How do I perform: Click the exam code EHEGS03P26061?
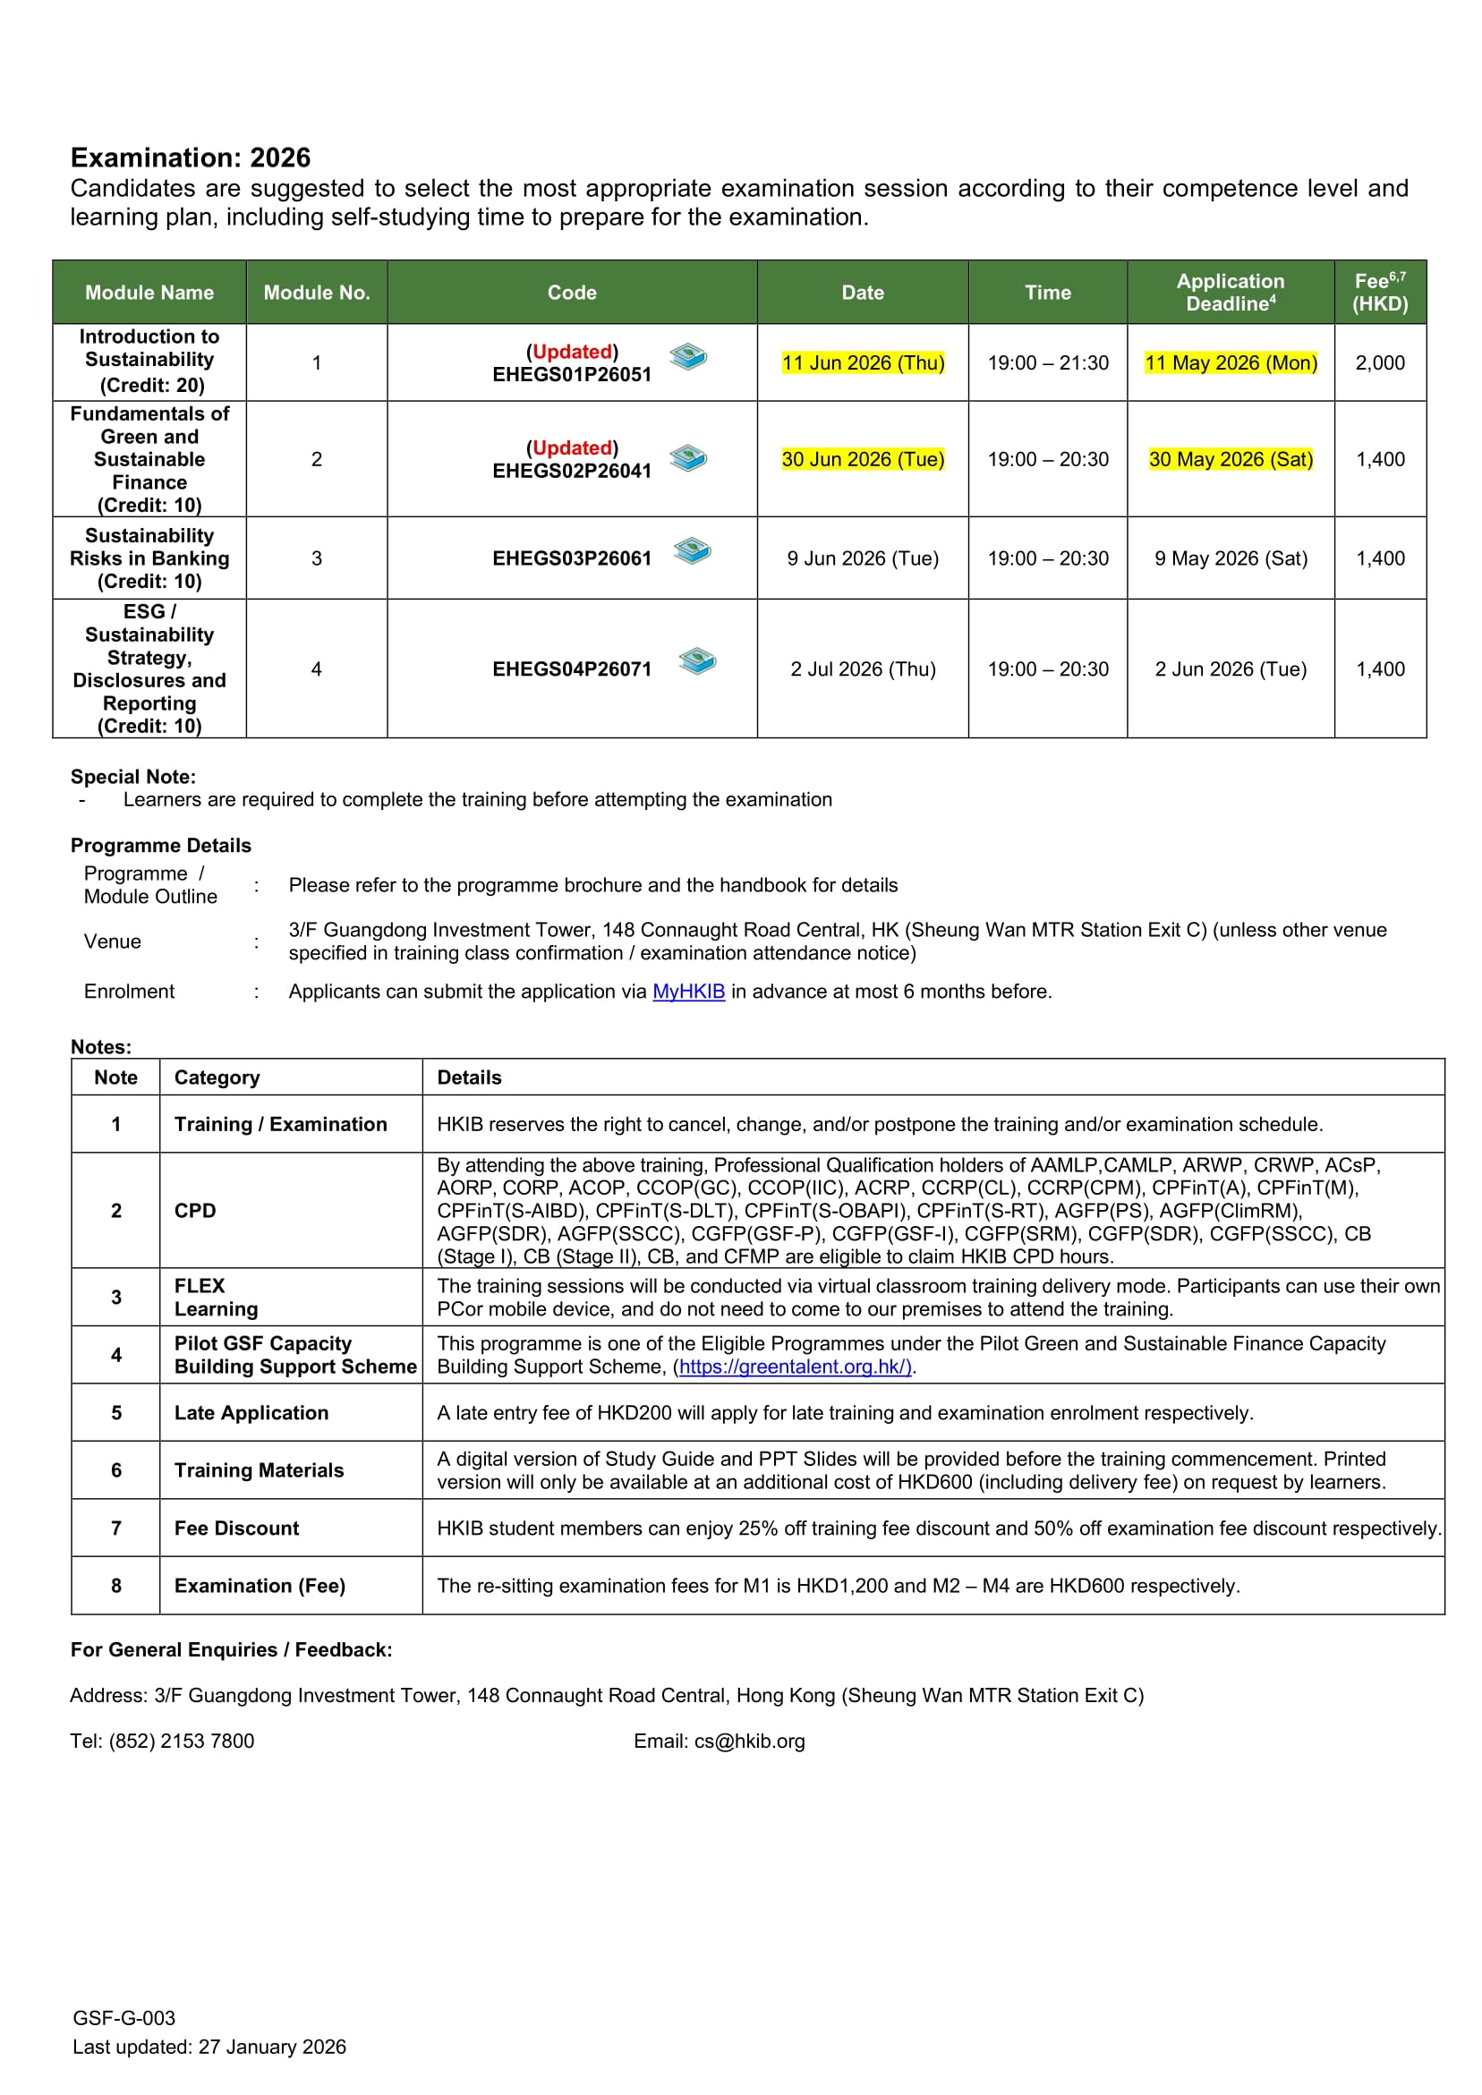(x=571, y=558)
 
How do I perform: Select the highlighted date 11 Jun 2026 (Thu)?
(x=863, y=363)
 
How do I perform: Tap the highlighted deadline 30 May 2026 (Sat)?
(x=1231, y=459)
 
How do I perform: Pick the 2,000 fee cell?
(x=1380, y=363)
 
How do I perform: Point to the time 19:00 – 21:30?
(x=1048, y=363)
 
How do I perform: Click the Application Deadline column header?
(x=1231, y=292)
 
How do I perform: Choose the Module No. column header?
(x=317, y=293)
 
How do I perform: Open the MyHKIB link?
(x=688, y=991)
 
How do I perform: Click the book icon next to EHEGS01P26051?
(x=688, y=356)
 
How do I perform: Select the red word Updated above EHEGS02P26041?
(x=572, y=448)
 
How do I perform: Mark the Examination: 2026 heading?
(x=191, y=158)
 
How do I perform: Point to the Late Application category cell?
(x=251, y=1412)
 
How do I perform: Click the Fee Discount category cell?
(x=236, y=1528)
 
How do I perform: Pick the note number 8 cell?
(x=116, y=1585)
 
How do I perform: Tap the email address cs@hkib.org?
(x=749, y=1741)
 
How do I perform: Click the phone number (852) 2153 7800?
(x=182, y=1741)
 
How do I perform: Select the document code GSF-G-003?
(x=124, y=2018)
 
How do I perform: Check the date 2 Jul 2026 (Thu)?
(x=863, y=669)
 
